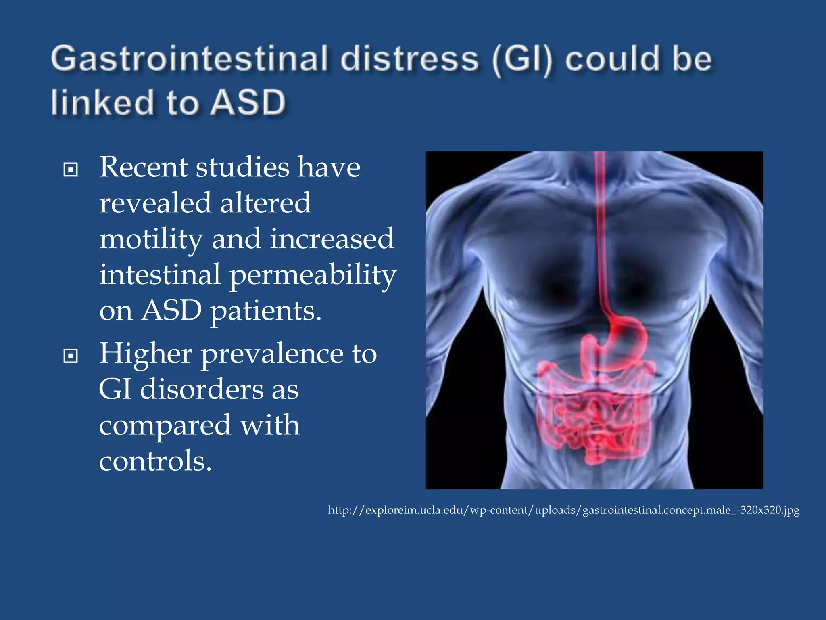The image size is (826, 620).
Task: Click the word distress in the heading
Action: click(x=409, y=59)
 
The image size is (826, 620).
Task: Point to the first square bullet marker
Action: click(x=71, y=170)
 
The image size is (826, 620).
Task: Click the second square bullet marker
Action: click(x=71, y=356)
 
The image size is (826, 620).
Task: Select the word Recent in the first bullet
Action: click(x=143, y=167)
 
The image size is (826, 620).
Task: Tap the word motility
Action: click(x=151, y=239)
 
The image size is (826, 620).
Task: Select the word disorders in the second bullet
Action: click(x=201, y=389)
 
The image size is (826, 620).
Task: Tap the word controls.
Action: click(x=155, y=461)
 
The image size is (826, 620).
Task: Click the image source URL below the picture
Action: click(x=563, y=510)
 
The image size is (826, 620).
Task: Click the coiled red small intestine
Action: click(x=593, y=424)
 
